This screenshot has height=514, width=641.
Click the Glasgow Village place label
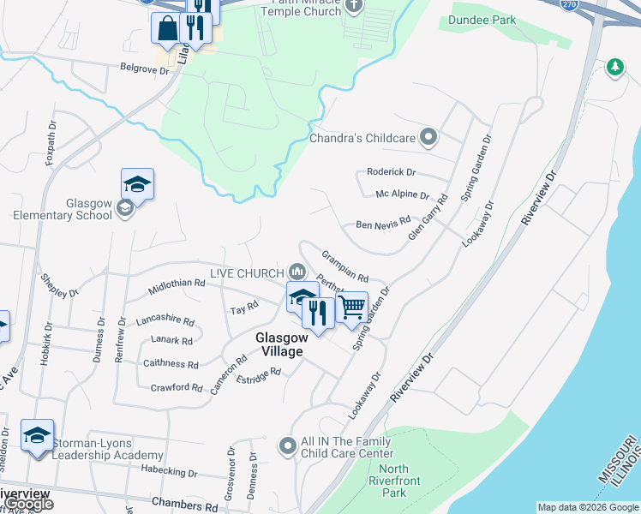click(279, 344)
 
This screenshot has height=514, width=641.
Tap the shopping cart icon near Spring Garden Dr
click(352, 307)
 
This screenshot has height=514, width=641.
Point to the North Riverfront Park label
click(393, 481)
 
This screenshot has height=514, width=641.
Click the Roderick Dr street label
click(391, 172)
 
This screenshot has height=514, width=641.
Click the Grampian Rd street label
click(344, 266)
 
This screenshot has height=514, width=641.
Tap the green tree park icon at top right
click(614, 66)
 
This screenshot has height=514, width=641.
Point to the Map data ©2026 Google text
click(587, 508)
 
